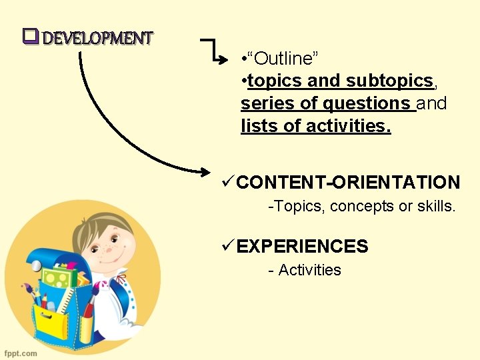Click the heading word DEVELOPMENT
pyautogui.click(x=98, y=37)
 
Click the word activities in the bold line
pyautogui.click(x=348, y=125)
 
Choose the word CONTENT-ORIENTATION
pyautogui.click(x=348, y=182)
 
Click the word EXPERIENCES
pyautogui.click(x=302, y=247)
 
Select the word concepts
pyautogui.click(x=361, y=207)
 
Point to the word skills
pyautogui.click(x=435, y=207)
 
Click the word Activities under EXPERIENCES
pyautogui.click(x=309, y=270)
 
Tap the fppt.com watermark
pyautogui.click(x=21, y=353)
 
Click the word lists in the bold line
pyautogui.click(x=261, y=125)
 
